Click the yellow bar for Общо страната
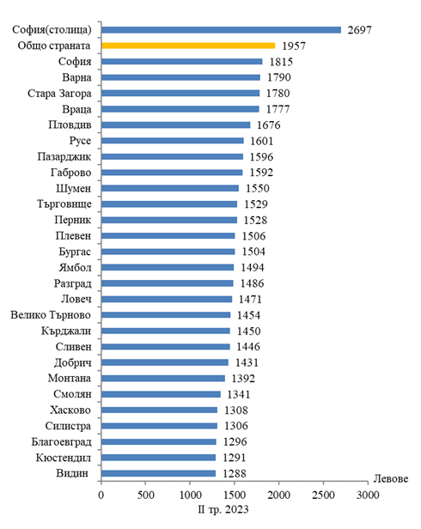(x=188, y=46)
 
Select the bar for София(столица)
(x=221, y=30)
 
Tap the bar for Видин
(x=158, y=473)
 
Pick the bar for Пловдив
(x=176, y=125)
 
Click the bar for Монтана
(x=163, y=378)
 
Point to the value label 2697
(x=359, y=30)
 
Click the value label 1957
(x=294, y=46)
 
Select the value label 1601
(x=262, y=141)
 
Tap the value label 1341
(x=239, y=394)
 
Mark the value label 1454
(x=249, y=315)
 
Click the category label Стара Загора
(x=59, y=94)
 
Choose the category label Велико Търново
(x=51, y=315)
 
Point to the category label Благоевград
(x=62, y=442)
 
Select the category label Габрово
(x=71, y=173)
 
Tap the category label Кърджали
(x=66, y=331)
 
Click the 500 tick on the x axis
(x=145, y=495)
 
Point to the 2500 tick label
(x=323, y=495)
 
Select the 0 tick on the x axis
(x=101, y=495)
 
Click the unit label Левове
(x=391, y=478)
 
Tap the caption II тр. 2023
(x=223, y=509)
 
